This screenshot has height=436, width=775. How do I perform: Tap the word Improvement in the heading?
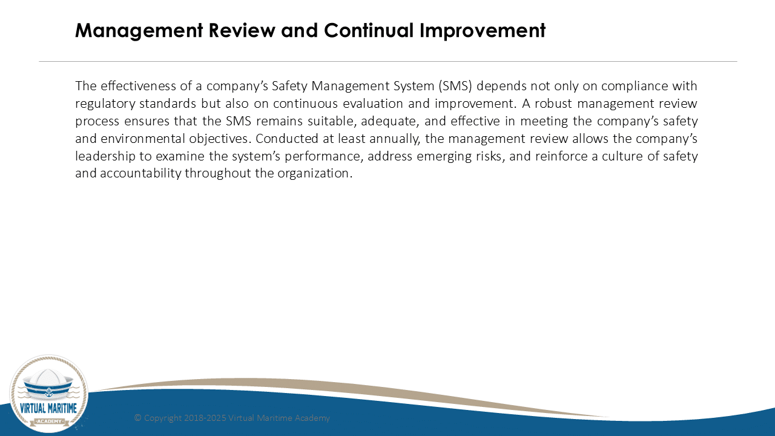(483, 31)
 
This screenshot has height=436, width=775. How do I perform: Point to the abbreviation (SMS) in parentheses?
(455, 86)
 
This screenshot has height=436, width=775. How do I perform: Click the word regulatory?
(105, 104)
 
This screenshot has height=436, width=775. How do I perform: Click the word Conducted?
(287, 139)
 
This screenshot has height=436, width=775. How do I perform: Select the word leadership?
(105, 156)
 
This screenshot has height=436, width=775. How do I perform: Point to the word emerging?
(444, 157)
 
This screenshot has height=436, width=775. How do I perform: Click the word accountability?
(140, 173)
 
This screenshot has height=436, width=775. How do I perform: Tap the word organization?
(315, 173)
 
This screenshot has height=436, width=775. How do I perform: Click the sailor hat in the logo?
(48, 385)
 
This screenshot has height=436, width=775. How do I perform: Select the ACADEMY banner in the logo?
(49, 421)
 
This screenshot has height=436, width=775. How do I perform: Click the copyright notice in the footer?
(232, 418)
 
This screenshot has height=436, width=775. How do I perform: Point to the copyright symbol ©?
(137, 418)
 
